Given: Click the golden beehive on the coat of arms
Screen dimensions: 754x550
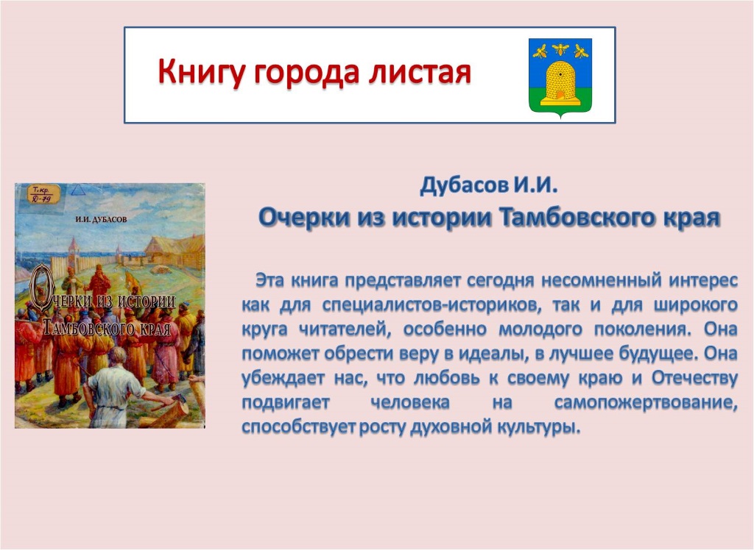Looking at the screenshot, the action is tap(560, 82).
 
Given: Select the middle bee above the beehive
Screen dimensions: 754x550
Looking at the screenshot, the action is tap(560, 49).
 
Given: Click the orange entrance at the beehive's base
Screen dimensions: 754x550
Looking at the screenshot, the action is tap(560, 96).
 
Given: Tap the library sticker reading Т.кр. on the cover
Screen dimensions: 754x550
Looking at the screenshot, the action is tap(43, 193).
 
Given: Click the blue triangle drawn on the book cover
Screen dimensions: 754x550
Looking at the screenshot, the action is tap(78, 190).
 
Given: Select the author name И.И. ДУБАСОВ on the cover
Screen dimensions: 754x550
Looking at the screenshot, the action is tap(102, 220).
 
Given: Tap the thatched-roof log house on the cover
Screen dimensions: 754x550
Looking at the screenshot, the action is tap(175, 252).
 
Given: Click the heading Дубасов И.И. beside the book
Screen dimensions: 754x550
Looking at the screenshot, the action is tap(489, 185).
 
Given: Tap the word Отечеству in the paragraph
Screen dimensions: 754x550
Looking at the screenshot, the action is tap(694, 378).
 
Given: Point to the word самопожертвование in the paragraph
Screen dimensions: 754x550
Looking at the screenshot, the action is tap(646, 402).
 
